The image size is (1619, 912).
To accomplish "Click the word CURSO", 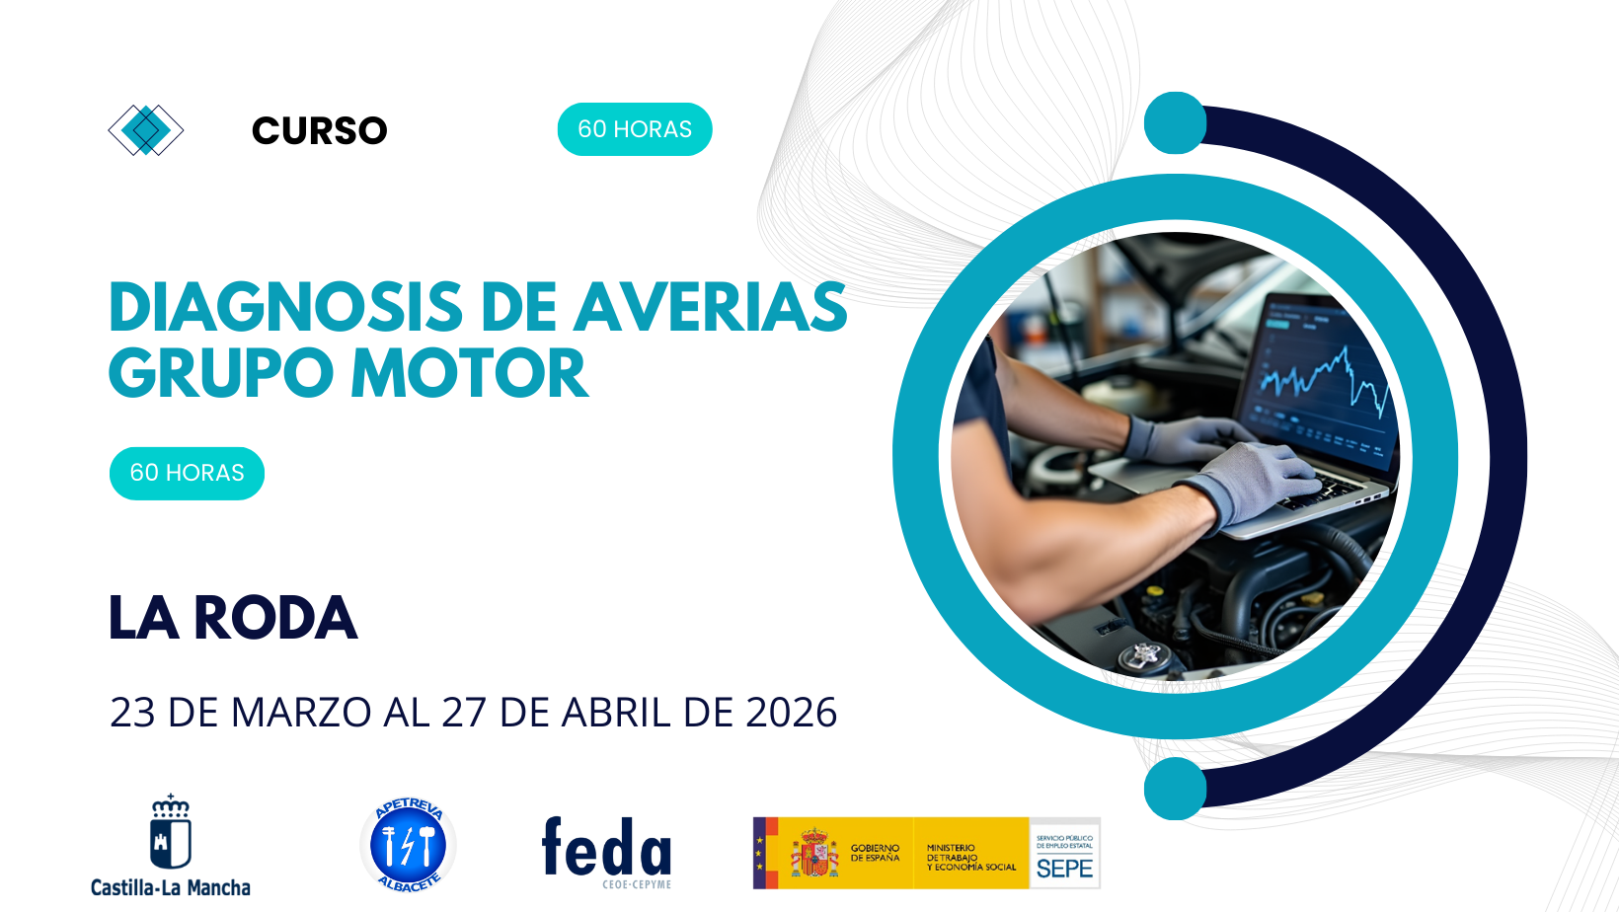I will point(319,130).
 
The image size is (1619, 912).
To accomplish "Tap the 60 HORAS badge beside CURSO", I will point(635,129).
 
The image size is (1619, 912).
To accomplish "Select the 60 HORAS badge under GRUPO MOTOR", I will point(187,473).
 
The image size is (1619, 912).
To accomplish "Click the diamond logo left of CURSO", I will point(146,129).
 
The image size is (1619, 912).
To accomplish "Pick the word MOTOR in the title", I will point(470,374).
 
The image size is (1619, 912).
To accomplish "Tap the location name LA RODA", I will point(233,619).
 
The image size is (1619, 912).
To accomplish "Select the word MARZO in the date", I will point(301,713).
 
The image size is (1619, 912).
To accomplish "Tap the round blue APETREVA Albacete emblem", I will point(408,846).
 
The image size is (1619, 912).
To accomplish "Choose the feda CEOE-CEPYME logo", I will point(607,851).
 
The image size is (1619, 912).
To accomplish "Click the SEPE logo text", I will point(1064,868).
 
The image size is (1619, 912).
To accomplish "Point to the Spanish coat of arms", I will point(813,854).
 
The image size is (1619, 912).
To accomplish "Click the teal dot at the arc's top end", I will point(1175,123).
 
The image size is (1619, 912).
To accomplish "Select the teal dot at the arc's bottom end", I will point(1175,789).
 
